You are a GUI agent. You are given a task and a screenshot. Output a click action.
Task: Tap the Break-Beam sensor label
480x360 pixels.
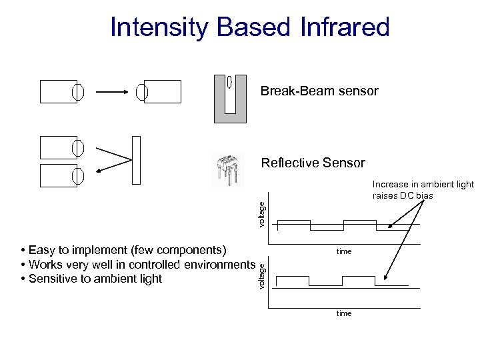tap(319, 91)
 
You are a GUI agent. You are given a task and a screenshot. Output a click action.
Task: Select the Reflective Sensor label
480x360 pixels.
tap(313, 163)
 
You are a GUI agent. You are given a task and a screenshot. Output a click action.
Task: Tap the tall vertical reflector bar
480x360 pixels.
tap(136, 159)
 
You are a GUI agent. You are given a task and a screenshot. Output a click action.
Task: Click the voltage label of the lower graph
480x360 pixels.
tap(262, 275)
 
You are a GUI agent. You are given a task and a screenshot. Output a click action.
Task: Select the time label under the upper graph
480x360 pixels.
tap(344, 251)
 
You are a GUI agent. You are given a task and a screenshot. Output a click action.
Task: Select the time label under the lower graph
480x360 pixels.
tap(344, 313)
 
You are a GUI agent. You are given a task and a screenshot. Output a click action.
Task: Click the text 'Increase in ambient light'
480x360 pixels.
tap(423, 184)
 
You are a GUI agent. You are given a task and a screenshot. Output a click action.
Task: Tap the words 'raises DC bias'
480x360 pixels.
tap(403, 195)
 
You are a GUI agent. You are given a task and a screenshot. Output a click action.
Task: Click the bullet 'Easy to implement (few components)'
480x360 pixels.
tap(125, 250)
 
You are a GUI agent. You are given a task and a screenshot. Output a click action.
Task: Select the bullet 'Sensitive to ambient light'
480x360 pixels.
tap(91, 279)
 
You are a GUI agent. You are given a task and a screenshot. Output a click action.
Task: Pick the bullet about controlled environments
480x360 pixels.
tap(138, 265)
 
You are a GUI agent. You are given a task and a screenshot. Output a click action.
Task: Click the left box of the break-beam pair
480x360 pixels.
tap(59, 92)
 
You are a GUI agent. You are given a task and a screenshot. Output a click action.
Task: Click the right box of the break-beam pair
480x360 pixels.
tap(162, 92)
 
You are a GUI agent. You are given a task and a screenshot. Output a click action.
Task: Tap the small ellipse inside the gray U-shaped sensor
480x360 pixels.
tap(230, 83)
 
